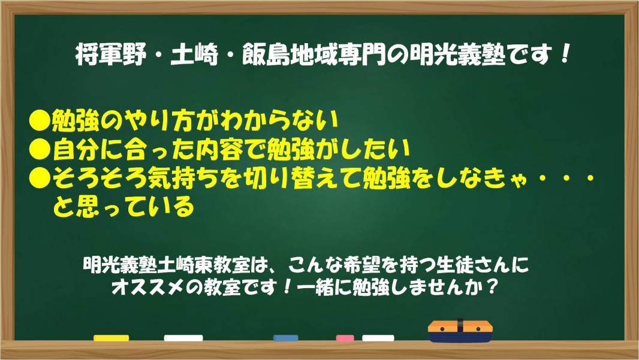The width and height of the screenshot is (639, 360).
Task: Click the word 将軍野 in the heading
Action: (111, 55)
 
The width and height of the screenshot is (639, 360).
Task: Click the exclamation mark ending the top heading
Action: (565, 54)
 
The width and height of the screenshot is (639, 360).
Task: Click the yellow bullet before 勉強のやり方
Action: (40, 120)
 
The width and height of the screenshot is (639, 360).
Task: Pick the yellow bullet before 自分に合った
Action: (40, 150)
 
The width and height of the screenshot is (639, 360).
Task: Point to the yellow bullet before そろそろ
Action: (40, 178)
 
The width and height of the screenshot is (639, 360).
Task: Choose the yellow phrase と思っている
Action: (123, 207)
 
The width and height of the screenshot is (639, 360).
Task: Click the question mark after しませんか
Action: (492, 287)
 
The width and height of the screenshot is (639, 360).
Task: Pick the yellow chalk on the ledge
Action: (111, 338)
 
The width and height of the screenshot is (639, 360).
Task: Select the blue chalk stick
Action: (286, 338)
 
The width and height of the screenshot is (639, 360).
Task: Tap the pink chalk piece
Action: (345, 338)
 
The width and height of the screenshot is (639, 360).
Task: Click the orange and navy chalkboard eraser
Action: (460, 331)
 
